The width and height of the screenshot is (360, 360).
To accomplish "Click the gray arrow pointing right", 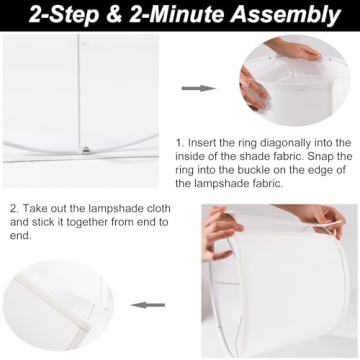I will (x=197, y=89).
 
